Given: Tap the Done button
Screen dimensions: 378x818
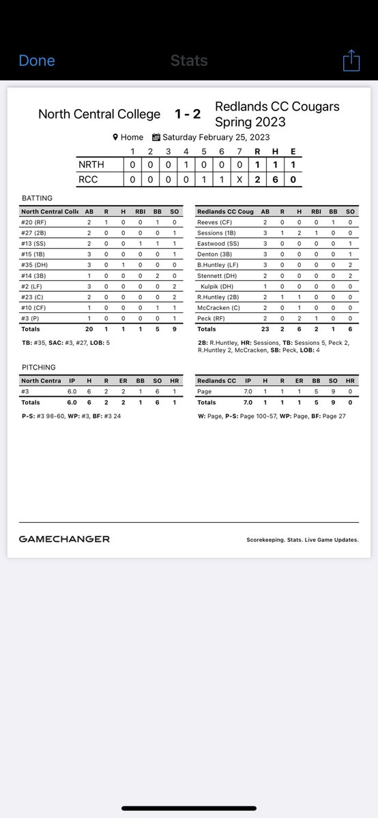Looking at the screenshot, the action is pos(37,61).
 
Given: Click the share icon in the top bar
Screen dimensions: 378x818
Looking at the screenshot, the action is pos(351,61).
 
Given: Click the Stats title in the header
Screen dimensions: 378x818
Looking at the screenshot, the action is pos(189,61).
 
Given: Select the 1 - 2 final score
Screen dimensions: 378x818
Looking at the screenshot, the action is pos(188,114).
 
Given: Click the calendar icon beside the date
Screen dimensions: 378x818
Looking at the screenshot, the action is pos(156,137).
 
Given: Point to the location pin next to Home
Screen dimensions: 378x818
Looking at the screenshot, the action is pos(116,137).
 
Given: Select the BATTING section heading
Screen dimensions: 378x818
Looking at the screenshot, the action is pos(38,198).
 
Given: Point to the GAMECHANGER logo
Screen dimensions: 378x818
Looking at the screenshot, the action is pos(64,539).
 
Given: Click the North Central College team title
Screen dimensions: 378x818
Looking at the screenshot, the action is pos(100,114).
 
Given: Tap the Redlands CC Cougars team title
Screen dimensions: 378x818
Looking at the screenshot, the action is pos(276,106).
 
